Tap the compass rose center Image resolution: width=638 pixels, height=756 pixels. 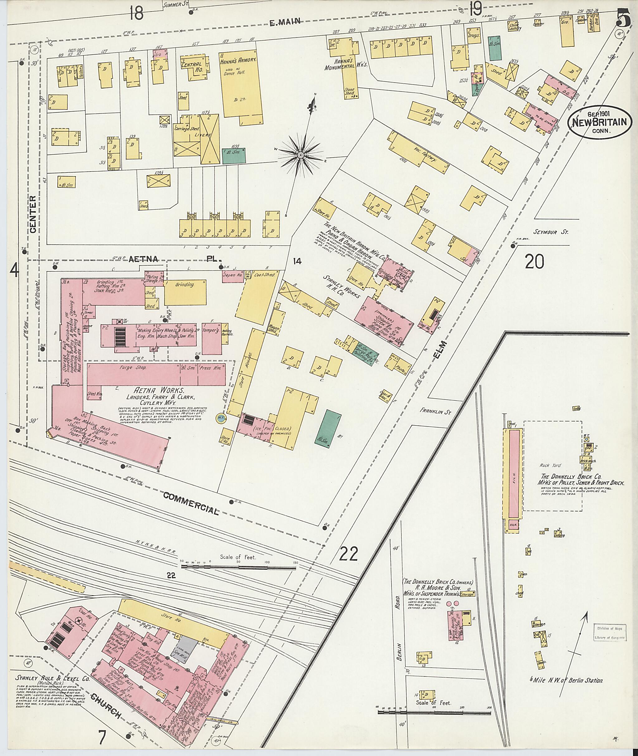300,155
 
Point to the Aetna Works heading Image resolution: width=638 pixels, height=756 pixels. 159,391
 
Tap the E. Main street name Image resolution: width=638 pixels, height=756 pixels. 286,22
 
